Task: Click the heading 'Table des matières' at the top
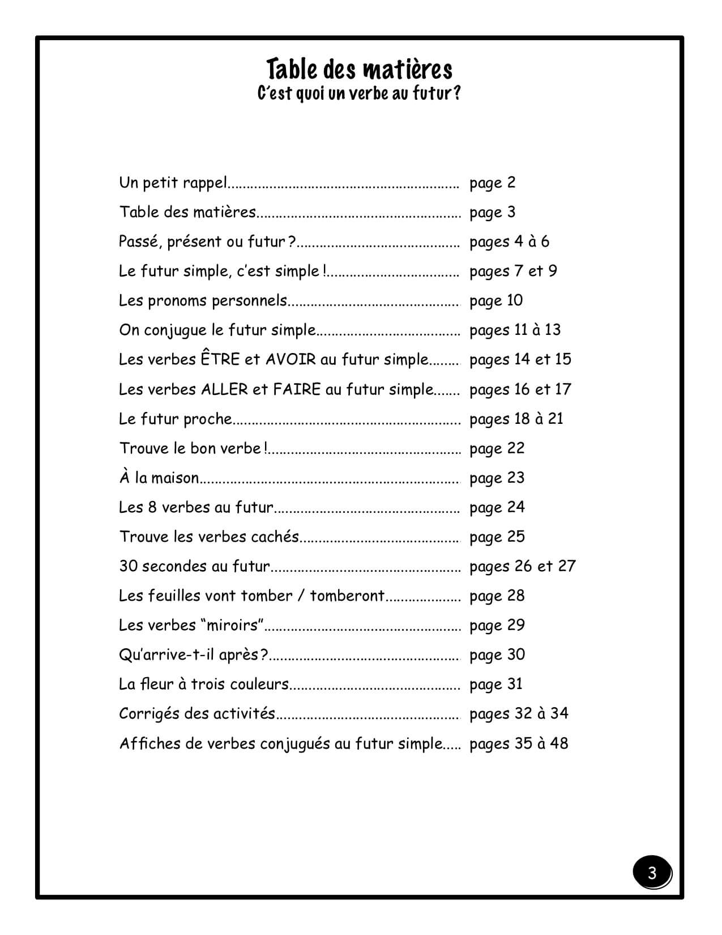[360, 69]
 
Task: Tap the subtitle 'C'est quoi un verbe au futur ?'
[359, 93]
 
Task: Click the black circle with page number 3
[652, 873]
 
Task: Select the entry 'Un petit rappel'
[173, 182]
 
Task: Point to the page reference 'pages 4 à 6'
[509, 242]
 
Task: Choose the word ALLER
[224, 389]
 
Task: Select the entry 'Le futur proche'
[176, 419]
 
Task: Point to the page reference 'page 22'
[497, 448]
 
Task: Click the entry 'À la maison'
[159, 478]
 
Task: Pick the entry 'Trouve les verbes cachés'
[209, 537]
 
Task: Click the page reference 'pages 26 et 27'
[522, 566]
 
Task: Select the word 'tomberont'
[347, 596]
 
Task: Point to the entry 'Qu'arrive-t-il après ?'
[193, 654]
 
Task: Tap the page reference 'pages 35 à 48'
[519, 743]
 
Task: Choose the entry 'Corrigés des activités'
[197, 713]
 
